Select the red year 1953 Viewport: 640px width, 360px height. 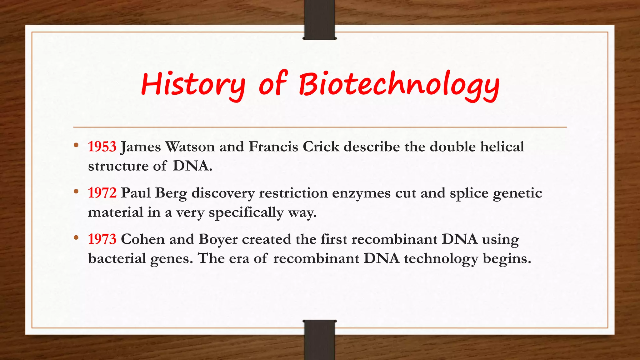(102, 147)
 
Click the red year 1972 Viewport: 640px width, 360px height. (102, 193)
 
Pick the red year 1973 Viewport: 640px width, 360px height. (102, 239)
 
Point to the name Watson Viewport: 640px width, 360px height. (190, 147)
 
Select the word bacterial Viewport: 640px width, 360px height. (117, 258)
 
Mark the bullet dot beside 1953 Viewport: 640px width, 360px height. (76, 145)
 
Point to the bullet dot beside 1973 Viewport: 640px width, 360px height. (76, 237)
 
